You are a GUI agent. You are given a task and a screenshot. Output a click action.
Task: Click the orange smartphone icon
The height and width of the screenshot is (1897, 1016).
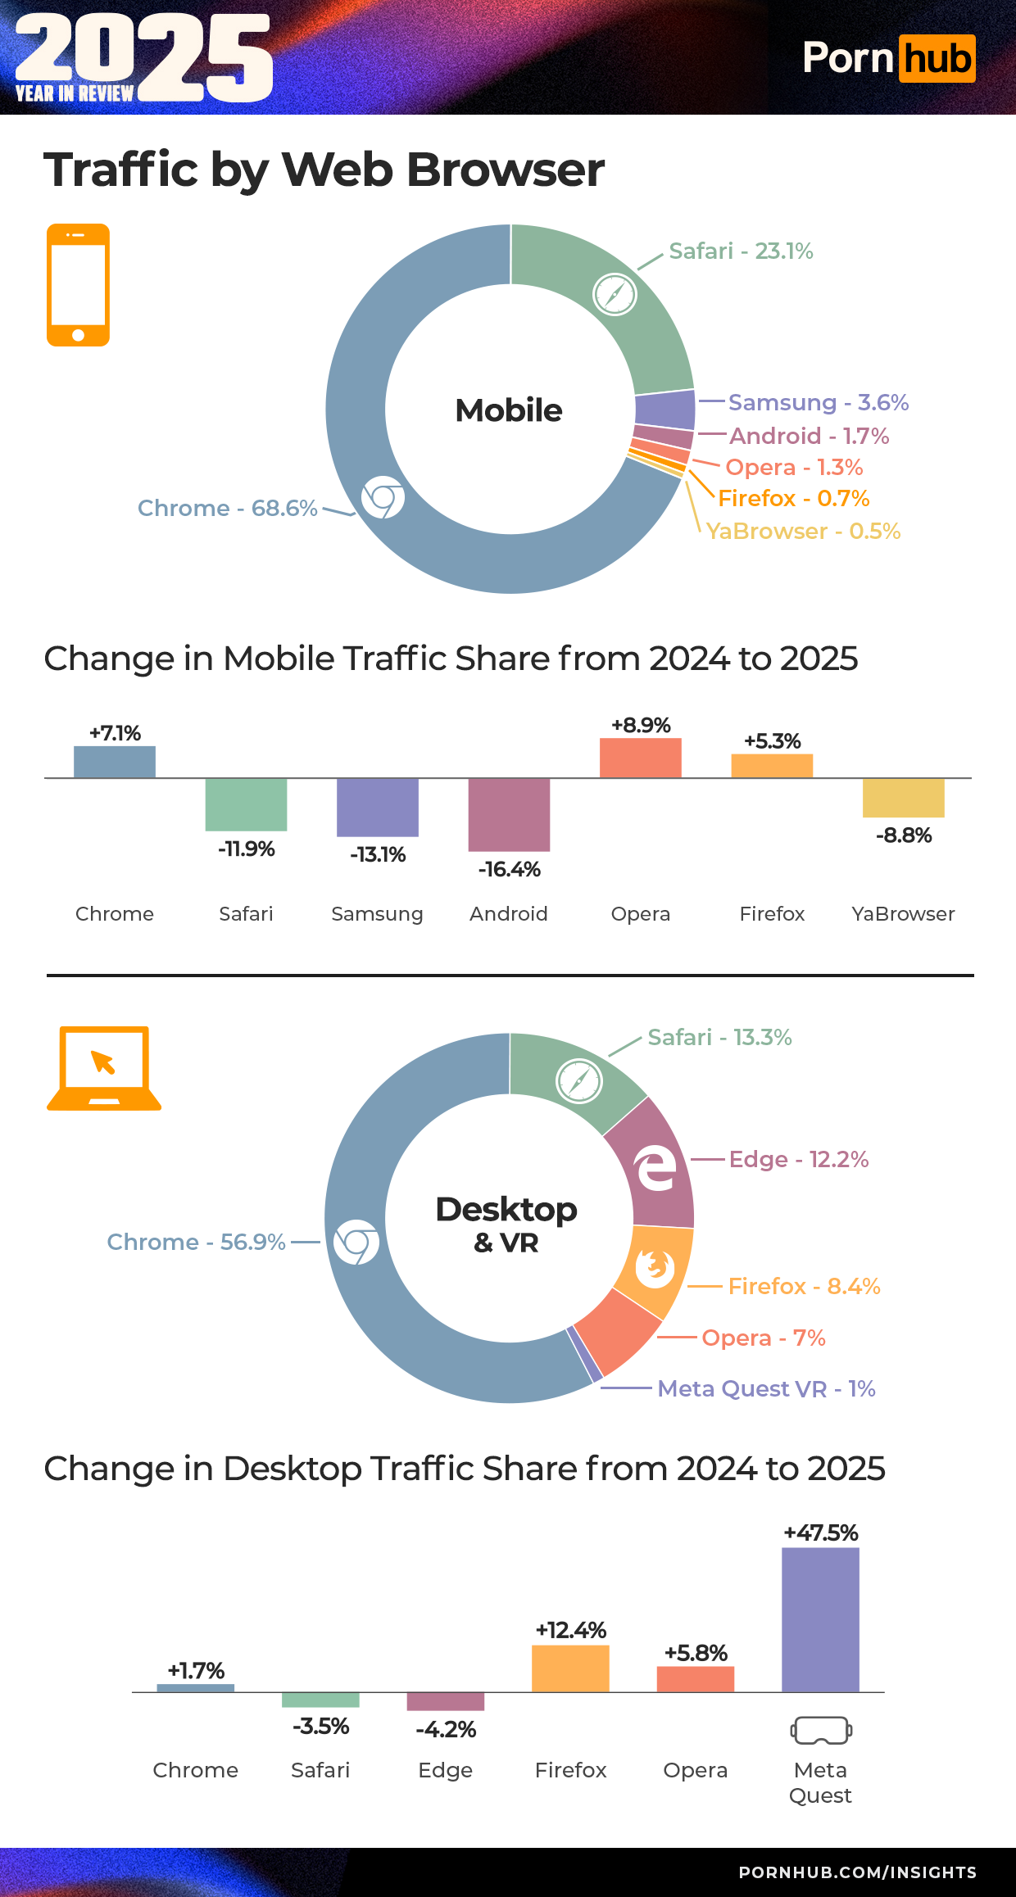[78, 285]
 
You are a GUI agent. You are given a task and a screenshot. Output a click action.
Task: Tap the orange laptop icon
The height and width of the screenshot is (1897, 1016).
[104, 1068]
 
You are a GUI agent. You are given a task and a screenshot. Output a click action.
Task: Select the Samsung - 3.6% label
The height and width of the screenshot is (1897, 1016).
[818, 402]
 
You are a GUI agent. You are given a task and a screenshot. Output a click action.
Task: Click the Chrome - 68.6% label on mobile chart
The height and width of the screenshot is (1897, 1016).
[227, 508]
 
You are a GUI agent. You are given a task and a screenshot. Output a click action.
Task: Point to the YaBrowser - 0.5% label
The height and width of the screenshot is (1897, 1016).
[803, 531]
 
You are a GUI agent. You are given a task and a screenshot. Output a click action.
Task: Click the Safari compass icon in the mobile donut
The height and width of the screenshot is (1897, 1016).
[615, 294]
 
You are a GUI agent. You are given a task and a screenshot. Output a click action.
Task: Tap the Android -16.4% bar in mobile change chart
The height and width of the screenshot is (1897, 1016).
[509, 814]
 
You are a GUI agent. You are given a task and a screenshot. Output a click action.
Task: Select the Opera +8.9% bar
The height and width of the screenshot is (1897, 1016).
[640, 758]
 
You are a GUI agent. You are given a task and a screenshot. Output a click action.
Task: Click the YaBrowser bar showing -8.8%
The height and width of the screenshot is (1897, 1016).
[903, 798]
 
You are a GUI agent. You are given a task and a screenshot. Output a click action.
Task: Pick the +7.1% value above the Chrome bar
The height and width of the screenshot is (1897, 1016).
[115, 733]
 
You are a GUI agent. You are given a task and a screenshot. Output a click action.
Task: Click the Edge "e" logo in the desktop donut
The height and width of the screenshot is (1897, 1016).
[656, 1169]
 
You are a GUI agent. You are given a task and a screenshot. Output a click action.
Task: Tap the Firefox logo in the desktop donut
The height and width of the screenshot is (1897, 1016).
[655, 1268]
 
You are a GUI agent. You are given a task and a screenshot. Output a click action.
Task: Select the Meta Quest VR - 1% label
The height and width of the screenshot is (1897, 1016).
[766, 1388]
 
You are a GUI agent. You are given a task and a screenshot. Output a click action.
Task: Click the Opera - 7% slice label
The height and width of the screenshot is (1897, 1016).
[763, 1338]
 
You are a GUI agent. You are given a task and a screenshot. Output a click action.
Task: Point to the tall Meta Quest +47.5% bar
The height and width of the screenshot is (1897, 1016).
[820, 1619]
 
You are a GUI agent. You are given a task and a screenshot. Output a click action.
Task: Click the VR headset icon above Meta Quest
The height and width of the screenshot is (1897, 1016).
[820, 1730]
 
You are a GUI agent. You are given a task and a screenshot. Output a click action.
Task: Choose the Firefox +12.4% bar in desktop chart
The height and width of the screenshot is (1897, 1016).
[570, 1668]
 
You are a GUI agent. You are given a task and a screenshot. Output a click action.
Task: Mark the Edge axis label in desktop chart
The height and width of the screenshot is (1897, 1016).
[445, 1770]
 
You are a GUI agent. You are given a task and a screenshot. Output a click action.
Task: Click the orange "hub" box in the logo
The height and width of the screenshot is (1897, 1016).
[937, 59]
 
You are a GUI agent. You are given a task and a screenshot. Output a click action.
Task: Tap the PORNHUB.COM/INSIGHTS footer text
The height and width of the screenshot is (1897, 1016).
[857, 1872]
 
